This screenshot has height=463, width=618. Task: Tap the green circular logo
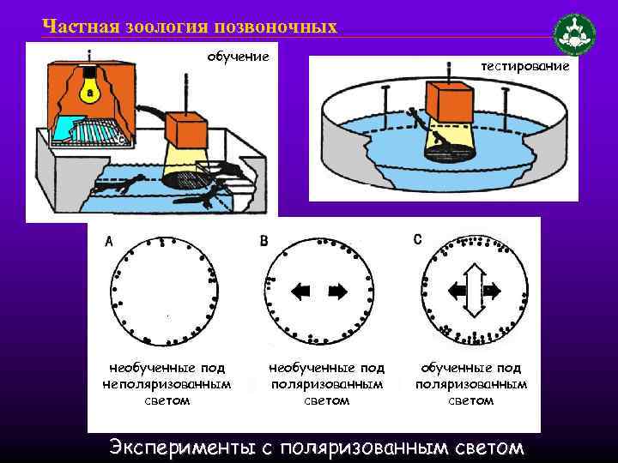pyautogui.click(x=574, y=34)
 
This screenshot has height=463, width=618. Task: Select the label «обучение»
pyautogui.click(x=238, y=57)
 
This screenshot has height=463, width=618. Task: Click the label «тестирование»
pyautogui.click(x=525, y=66)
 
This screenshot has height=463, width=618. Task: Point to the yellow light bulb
pyautogui.click(x=90, y=88)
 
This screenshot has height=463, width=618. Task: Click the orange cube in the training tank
pyautogui.click(x=185, y=129)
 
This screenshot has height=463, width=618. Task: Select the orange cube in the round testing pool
pyautogui.click(x=450, y=102)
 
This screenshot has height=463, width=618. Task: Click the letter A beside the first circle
pyautogui.click(x=109, y=241)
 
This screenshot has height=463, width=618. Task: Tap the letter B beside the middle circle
pyautogui.click(x=264, y=241)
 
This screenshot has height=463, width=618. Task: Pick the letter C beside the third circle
pyautogui.click(x=418, y=240)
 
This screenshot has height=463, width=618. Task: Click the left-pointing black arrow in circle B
pyautogui.click(x=300, y=292)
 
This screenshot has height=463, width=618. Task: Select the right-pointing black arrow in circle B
pyautogui.click(x=338, y=292)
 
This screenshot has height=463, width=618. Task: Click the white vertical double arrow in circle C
pyautogui.click(x=474, y=291)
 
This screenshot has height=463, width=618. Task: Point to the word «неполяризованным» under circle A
pyautogui.click(x=167, y=384)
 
